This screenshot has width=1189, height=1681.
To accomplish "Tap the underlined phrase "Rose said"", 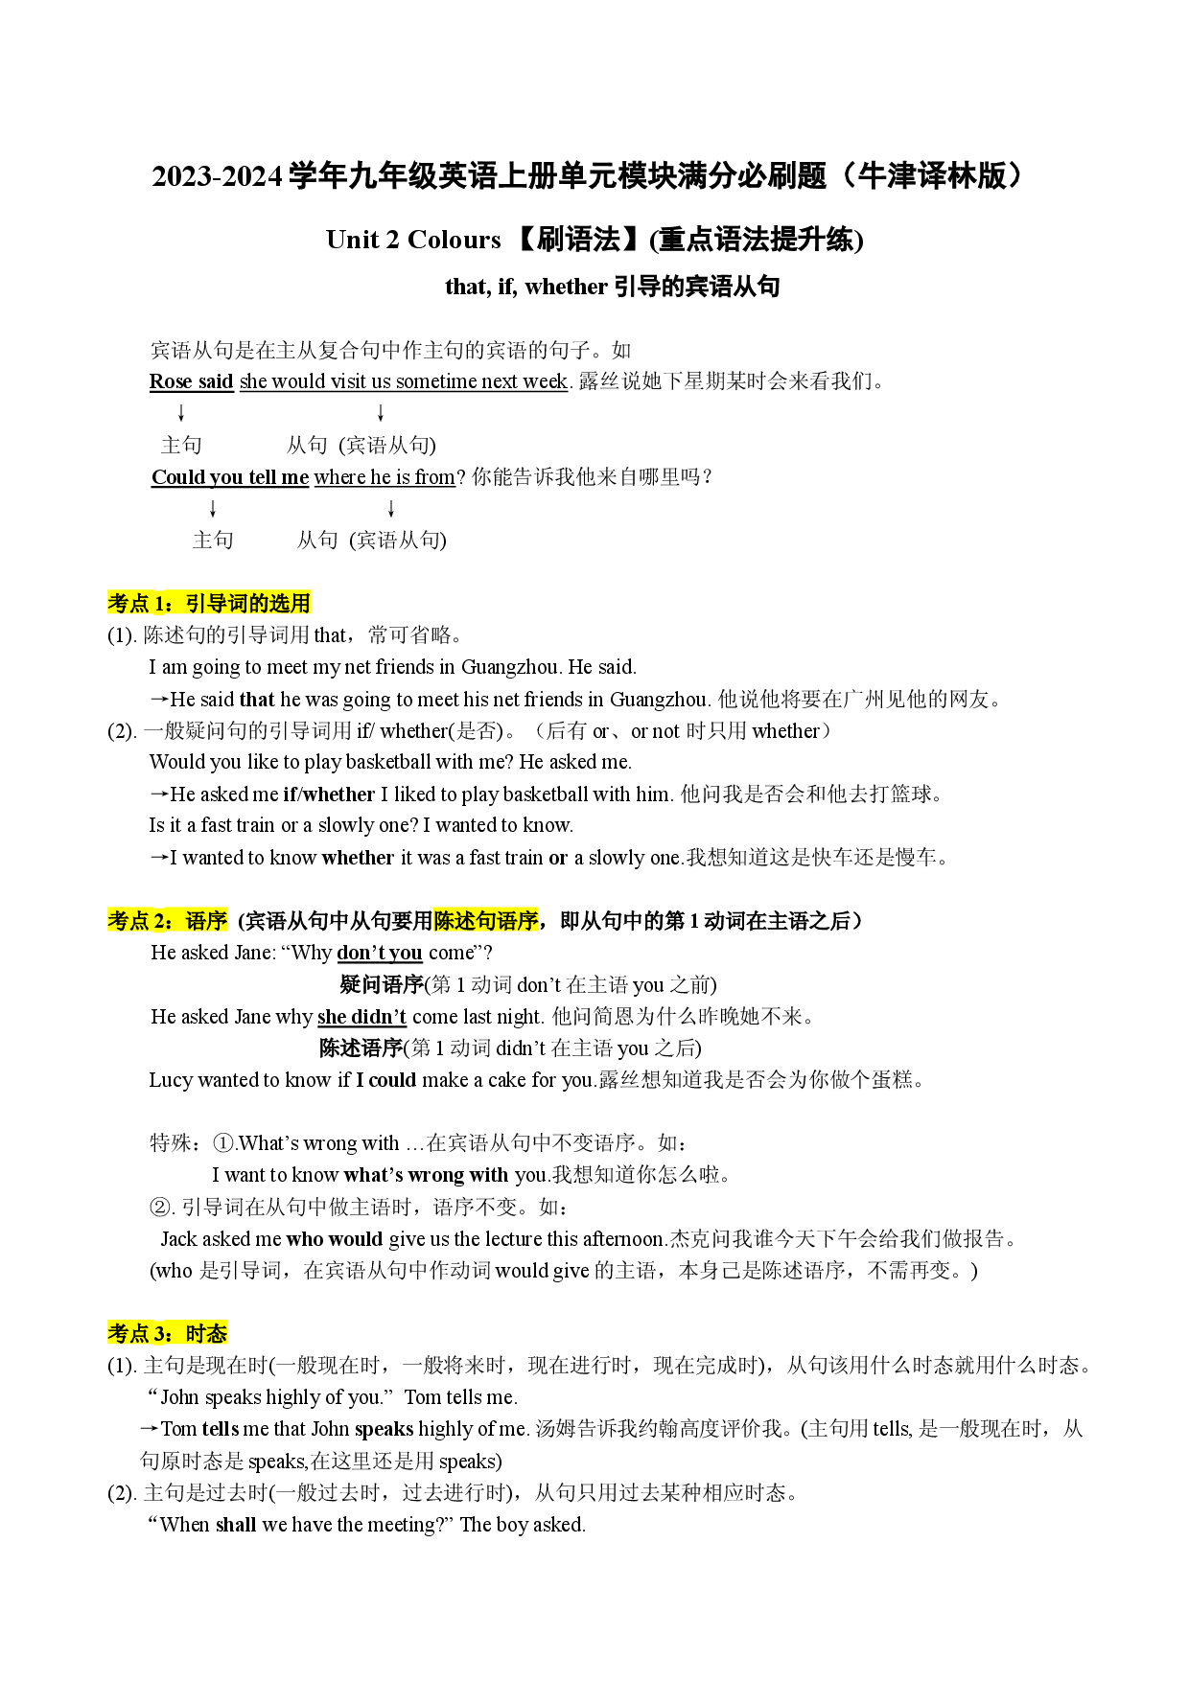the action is [192, 381].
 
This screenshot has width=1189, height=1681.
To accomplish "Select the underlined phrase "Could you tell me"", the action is [230, 477].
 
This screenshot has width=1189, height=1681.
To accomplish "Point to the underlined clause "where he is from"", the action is [385, 477].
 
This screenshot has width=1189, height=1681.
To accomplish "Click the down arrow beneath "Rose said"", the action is [180, 413].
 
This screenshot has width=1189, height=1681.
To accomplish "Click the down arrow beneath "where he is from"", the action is [391, 509].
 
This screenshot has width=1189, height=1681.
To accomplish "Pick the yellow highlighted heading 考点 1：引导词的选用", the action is [209, 604].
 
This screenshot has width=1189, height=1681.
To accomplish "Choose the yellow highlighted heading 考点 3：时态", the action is [168, 1333].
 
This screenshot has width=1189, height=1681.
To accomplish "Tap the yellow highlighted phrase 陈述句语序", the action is [485, 921].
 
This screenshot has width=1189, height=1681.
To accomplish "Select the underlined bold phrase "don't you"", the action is [380, 953].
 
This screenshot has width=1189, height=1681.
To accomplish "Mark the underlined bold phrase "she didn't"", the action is [361, 1017].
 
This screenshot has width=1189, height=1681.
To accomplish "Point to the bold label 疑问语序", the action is [382, 984].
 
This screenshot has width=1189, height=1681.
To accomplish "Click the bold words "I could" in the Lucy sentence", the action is [386, 1080].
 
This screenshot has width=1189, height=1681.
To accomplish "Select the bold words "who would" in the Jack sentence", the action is [335, 1239].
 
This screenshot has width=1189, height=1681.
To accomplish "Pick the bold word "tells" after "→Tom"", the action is [221, 1429].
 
